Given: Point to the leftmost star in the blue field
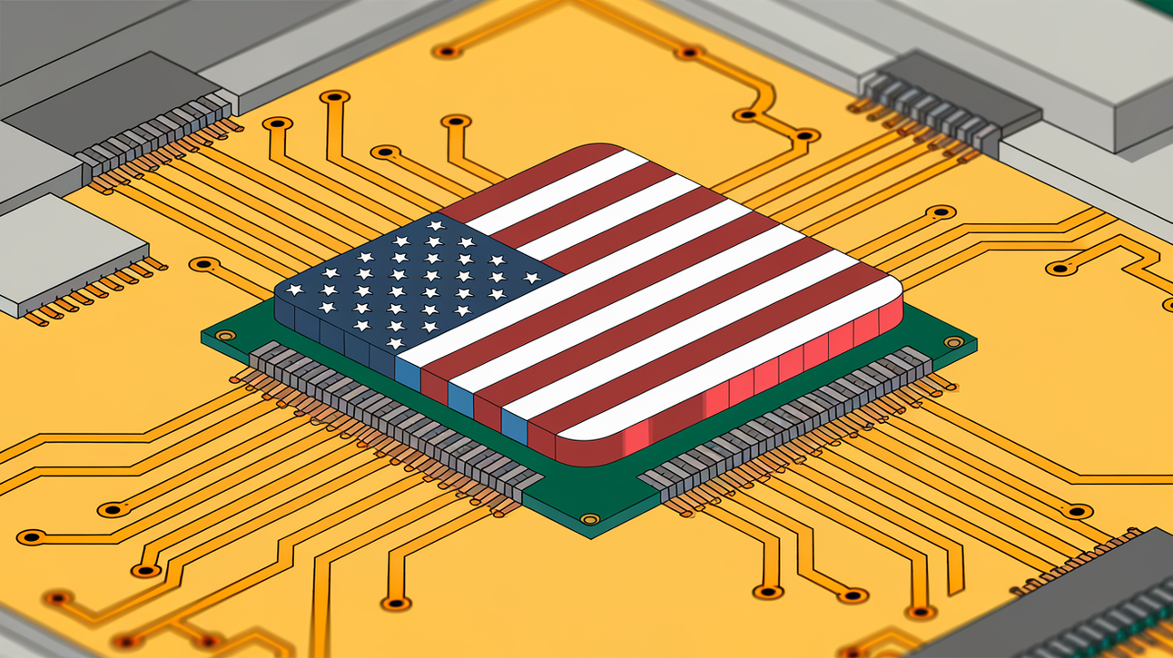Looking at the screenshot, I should coord(293,290).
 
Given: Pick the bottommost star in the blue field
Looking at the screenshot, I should coord(396,343).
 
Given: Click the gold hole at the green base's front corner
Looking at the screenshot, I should coord(590,519).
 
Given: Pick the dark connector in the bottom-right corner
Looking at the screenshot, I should coord(1108,599).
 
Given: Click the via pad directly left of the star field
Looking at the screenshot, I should coord(204,264).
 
